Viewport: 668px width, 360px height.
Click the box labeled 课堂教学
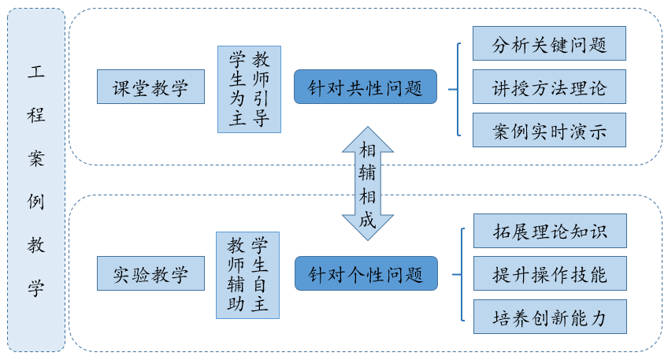pos(150,87)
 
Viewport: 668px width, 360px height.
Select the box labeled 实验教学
pos(150,274)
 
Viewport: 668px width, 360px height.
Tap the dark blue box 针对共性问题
pos(366,87)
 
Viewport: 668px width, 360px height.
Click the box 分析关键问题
pos(549,43)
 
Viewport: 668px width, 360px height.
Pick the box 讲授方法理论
pos(549,87)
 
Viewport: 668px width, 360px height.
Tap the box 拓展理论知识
pos(549,231)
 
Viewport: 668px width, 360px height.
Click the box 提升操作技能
pos(549,273)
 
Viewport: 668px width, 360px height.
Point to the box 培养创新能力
pos(549,317)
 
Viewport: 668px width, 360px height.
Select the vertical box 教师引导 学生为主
pos(249,89)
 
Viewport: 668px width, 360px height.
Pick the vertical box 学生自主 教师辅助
pos(247,274)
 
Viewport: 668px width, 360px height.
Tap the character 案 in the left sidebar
pos(36,158)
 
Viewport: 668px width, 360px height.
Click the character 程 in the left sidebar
pos(36,115)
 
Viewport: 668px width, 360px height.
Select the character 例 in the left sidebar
pos(36,202)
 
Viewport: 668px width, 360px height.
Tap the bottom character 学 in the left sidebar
pos(36,288)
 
